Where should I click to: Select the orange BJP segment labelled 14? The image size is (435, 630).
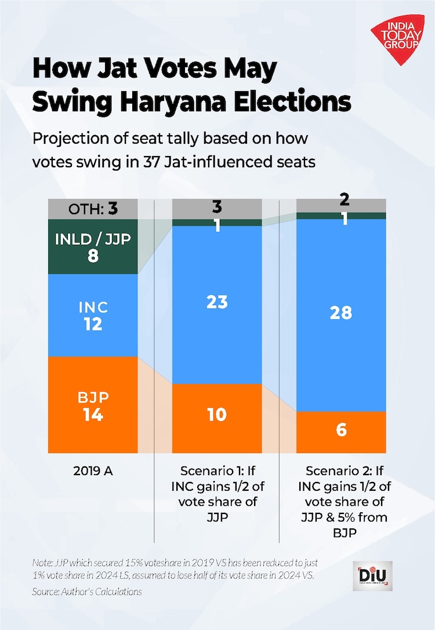point(93,405)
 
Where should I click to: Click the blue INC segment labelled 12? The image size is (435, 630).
point(93,315)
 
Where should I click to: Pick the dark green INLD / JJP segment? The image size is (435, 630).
point(93,247)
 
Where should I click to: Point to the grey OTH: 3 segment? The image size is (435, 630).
point(93,208)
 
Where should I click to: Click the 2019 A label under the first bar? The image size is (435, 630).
point(93,471)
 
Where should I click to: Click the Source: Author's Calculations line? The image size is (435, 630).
point(87,592)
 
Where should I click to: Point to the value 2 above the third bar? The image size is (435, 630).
point(345,200)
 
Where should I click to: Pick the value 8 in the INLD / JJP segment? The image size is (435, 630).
point(93,255)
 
